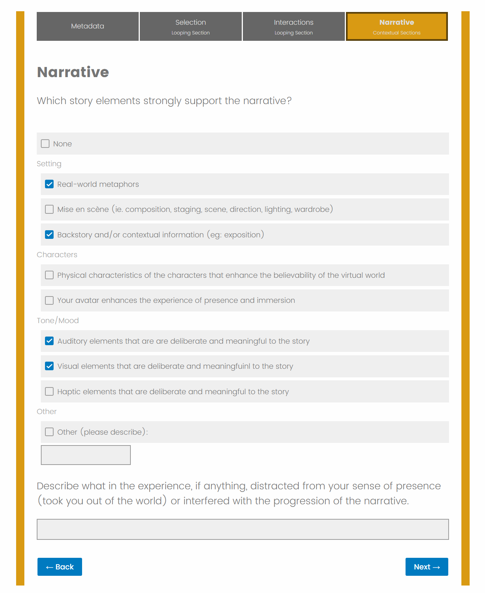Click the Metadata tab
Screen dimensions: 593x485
coord(88,26)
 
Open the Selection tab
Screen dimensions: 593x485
coord(190,26)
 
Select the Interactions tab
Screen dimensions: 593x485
coord(293,26)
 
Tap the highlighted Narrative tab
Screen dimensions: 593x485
coord(397,26)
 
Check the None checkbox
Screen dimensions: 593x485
coord(45,144)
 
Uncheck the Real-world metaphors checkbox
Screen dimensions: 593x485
coord(49,184)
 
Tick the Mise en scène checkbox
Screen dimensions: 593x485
coord(49,209)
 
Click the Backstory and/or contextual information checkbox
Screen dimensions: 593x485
coord(49,235)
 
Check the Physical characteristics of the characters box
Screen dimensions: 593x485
coord(49,275)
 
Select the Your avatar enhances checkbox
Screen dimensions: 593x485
coord(49,300)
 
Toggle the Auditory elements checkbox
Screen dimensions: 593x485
coord(49,341)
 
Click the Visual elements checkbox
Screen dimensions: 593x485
coord(49,366)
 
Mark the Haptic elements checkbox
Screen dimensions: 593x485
coord(49,392)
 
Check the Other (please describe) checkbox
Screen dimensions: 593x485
coord(49,432)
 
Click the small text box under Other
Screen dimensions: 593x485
coord(86,455)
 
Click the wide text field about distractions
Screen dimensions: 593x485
coord(242,529)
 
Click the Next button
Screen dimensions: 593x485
coord(427,567)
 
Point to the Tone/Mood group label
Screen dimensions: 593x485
coord(58,320)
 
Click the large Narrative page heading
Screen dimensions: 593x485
coord(73,72)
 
